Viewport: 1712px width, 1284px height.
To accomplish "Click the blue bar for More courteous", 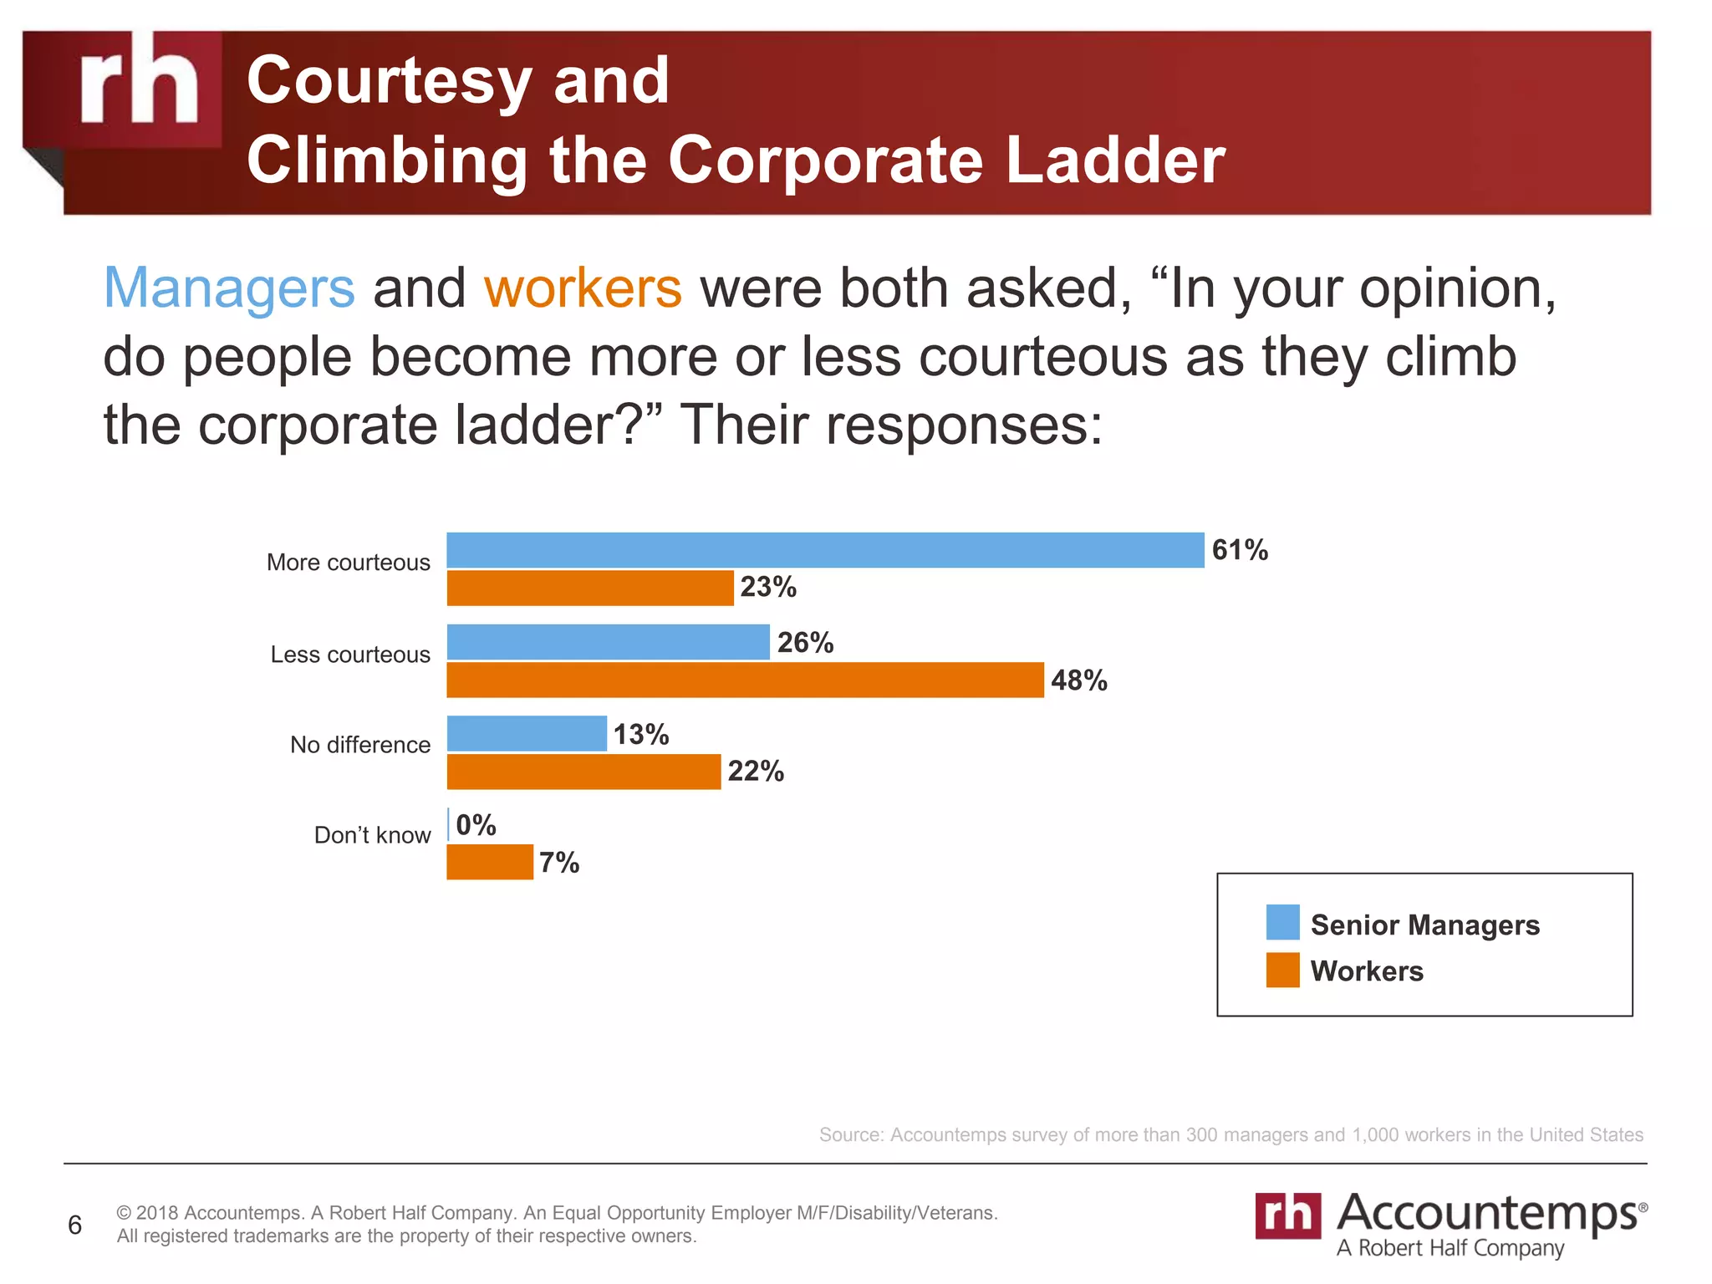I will point(825,550).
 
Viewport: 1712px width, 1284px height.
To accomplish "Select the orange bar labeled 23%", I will point(590,588).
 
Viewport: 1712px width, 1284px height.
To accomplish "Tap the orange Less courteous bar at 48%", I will point(745,680).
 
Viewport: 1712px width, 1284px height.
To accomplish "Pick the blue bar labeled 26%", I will point(608,642).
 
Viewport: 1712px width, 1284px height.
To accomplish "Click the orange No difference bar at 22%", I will point(583,772).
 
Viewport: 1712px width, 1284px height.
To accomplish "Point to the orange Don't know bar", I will point(490,862).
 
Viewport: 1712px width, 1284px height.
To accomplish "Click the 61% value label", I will point(1240,550).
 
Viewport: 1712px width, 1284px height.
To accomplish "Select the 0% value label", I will point(476,825).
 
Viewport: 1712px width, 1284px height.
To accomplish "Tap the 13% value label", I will point(641,734).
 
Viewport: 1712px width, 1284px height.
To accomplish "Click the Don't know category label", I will point(372,835).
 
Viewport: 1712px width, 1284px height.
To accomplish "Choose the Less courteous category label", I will point(350,654).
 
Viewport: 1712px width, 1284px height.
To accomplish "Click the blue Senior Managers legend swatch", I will point(1282,922).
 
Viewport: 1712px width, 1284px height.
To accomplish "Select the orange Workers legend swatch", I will point(1282,970).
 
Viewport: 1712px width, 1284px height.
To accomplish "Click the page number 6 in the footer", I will point(74,1225).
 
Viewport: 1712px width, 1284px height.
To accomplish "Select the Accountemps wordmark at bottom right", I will point(1487,1213).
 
